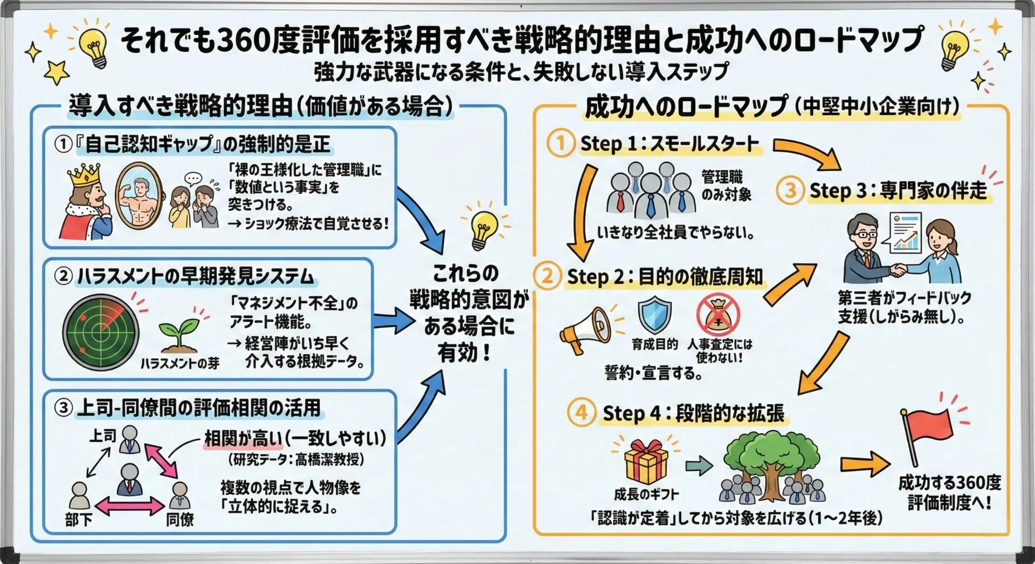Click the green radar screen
[x=101, y=333]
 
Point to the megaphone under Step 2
[x=585, y=329]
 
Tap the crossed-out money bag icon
[x=717, y=316]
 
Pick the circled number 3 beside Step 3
[x=790, y=191]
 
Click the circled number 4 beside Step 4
[x=581, y=413]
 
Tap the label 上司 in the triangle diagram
[x=102, y=435]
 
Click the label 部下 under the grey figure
[x=79, y=520]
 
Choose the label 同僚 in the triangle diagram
[x=180, y=520]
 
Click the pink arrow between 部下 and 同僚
[x=129, y=506]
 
